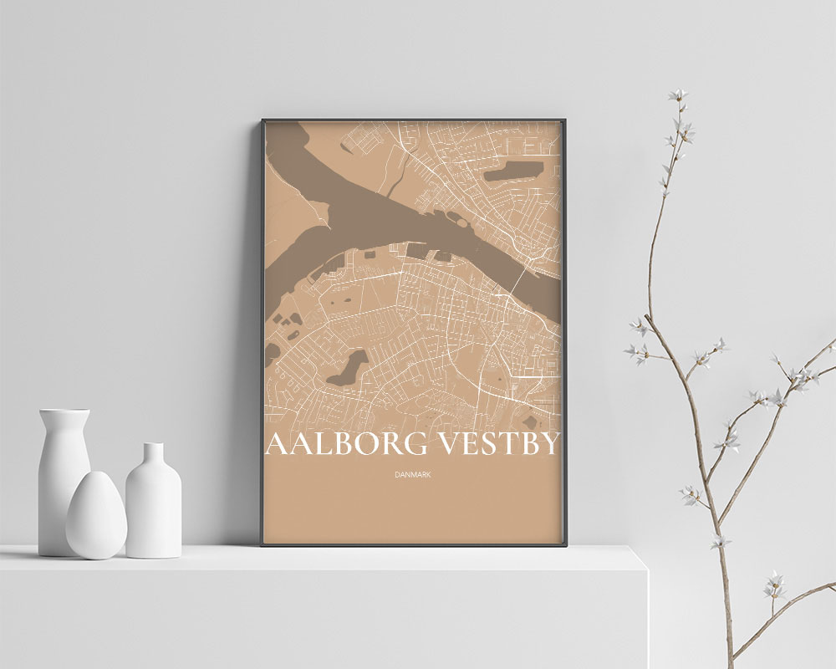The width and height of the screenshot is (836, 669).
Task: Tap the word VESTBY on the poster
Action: point(498,444)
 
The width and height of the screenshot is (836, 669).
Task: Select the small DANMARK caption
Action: point(412,475)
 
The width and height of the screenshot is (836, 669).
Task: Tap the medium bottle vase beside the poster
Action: point(153,502)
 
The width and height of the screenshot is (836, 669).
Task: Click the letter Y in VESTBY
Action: point(546,444)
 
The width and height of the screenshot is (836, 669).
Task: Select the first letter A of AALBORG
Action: point(275,444)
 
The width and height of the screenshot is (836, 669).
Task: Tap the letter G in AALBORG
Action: point(415,444)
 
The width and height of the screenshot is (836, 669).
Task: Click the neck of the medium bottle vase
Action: point(153,457)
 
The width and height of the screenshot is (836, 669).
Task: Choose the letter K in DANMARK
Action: point(427,475)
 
